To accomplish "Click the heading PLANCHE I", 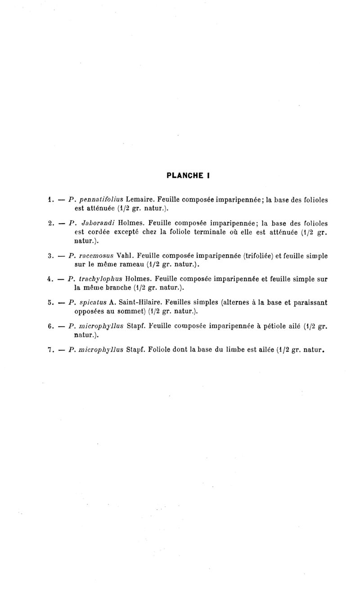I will (x=189, y=176).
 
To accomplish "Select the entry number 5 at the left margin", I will (x=50, y=302).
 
